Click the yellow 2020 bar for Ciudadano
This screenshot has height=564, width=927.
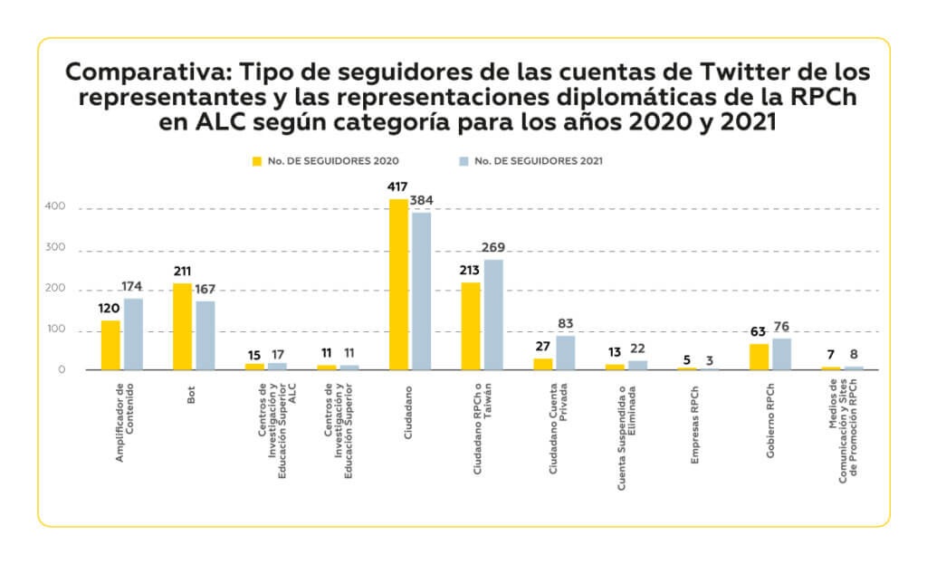[398, 284]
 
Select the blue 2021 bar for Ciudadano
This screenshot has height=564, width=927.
[421, 291]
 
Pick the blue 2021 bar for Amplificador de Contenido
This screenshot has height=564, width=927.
[133, 333]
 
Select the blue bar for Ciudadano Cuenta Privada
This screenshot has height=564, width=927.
[565, 352]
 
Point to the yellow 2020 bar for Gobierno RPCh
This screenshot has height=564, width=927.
[759, 356]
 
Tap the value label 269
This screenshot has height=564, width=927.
[493, 247]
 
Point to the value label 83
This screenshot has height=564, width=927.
[566, 324]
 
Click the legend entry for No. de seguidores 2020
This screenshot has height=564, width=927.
[326, 161]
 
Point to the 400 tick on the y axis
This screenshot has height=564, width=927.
[56, 207]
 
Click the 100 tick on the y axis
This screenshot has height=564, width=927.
[56, 330]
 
